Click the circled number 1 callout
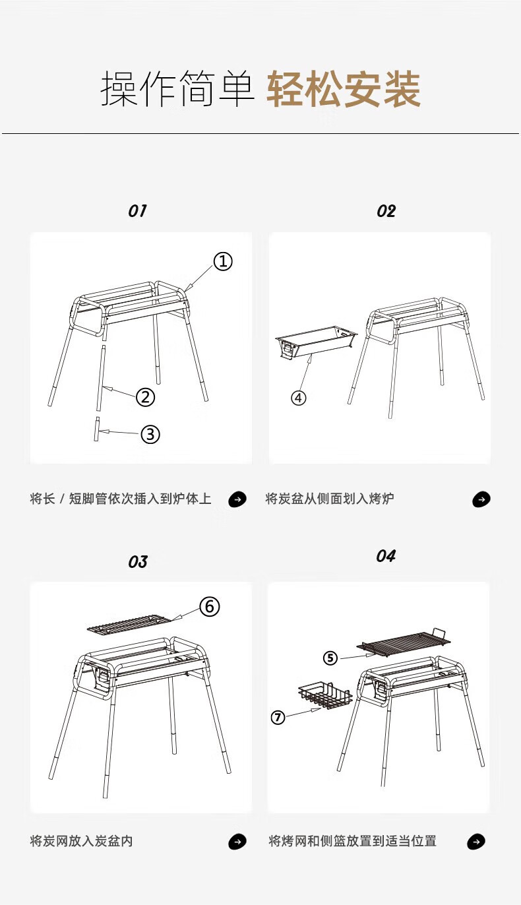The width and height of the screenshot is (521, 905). pyautogui.click(x=223, y=261)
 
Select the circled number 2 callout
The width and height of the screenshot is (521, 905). pyautogui.click(x=145, y=396)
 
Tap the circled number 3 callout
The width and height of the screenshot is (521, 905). pyautogui.click(x=150, y=434)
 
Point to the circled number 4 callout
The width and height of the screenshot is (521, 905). pyautogui.click(x=299, y=398)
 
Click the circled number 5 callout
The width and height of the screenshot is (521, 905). pyautogui.click(x=330, y=658)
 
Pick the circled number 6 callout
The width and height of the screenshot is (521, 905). pyautogui.click(x=210, y=606)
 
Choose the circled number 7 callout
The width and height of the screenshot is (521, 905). pyautogui.click(x=278, y=718)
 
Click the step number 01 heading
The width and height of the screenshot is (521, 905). pyautogui.click(x=137, y=211)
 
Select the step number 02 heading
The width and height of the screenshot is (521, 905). pyautogui.click(x=386, y=211)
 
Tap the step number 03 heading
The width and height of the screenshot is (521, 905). pyautogui.click(x=138, y=562)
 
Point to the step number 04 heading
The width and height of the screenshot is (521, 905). pyautogui.click(x=386, y=556)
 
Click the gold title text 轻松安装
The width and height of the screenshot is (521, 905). pyautogui.click(x=344, y=89)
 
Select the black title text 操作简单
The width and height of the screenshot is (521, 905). pyautogui.click(x=177, y=88)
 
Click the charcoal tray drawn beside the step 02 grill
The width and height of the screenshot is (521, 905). pyautogui.click(x=316, y=342)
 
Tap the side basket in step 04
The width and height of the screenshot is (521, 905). pyautogui.click(x=325, y=695)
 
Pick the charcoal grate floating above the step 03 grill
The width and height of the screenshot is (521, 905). pyautogui.click(x=129, y=623)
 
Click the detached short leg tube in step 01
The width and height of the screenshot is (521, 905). pyautogui.click(x=97, y=429)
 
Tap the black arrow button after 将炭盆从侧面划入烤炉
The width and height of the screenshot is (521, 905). pyautogui.click(x=481, y=499)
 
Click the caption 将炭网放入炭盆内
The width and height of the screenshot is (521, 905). pyautogui.click(x=81, y=841)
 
